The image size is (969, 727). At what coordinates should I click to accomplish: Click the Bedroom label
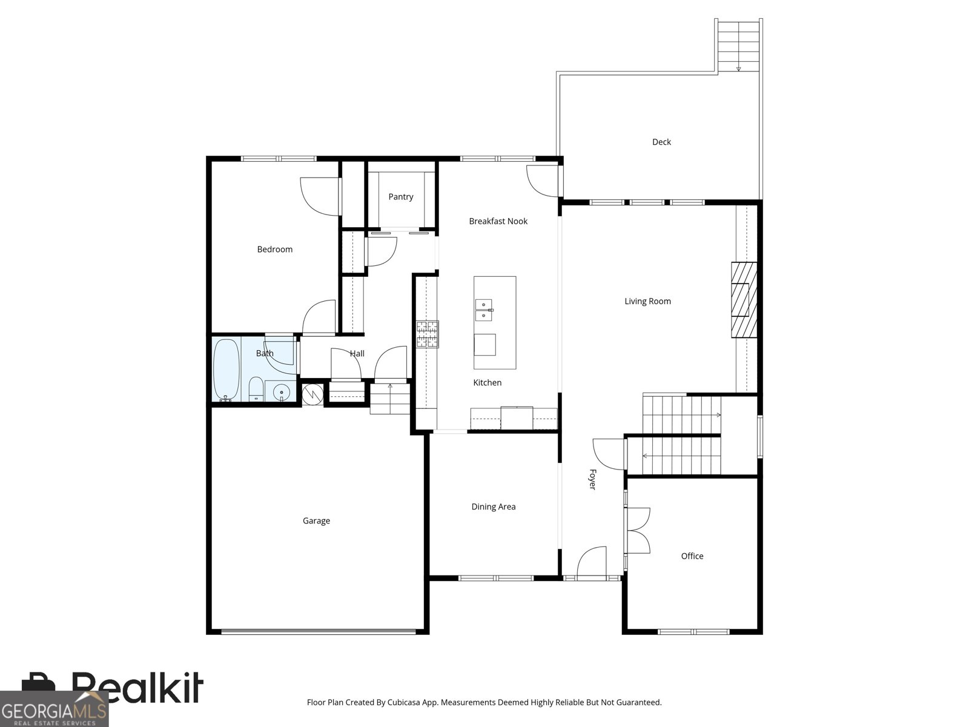coord(274,250)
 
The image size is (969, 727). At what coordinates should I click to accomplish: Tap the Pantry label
coord(401,197)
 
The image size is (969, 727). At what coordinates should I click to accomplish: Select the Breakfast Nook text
coord(498,221)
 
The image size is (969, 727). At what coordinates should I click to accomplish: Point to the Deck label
coord(661,142)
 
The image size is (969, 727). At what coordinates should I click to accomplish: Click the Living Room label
coord(647,302)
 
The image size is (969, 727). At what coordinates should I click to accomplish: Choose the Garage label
coord(316,521)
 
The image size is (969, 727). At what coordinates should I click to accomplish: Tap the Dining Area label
coord(493,506)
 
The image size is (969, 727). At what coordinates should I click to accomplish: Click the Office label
coord(692,556)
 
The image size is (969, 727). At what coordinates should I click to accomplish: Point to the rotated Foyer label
coord(592,479)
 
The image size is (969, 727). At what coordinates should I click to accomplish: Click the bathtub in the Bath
coord(227,370)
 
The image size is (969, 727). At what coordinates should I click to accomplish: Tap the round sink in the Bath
coord(281,391)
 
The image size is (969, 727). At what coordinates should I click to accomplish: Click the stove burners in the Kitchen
coord(428,334)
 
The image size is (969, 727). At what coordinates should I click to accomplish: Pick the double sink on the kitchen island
coord(484,310)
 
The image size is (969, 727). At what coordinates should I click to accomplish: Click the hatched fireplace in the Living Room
coord(744,300)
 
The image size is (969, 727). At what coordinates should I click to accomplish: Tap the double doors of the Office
coord(638,531)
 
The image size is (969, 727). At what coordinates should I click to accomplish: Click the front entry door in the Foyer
coord(592,562)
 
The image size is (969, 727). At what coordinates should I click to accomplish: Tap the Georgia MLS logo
coord(54,709)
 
